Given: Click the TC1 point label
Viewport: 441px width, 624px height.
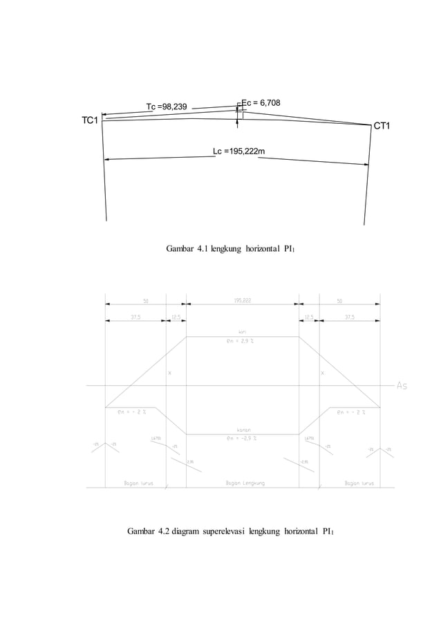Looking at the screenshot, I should [x=90, y=120].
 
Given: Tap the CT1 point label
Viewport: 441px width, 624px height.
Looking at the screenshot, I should [x=382, y=126].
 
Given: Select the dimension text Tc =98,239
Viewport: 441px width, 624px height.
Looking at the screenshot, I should [x=166, y=107].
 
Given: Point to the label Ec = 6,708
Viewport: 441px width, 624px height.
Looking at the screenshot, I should [x=261, y=103].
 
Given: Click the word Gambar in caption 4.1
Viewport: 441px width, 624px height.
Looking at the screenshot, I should [x=180, y=248].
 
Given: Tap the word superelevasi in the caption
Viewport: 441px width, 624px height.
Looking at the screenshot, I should [x=209, y=531].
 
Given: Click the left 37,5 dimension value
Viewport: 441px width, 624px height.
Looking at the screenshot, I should [x=137, y=318].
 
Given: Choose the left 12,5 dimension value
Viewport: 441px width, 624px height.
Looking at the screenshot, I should [x=176, y=318].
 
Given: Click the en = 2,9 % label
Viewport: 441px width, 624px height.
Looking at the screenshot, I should [x=242, y=342].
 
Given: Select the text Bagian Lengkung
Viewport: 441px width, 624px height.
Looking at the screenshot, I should [x=245, y=483].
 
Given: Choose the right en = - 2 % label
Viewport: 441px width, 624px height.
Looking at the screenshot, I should [x=351, y=414].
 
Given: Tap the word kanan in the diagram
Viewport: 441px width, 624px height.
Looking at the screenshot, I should [x=242, y=430].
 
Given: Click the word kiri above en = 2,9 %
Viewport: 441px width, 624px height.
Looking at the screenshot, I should [x=242, y=333].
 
